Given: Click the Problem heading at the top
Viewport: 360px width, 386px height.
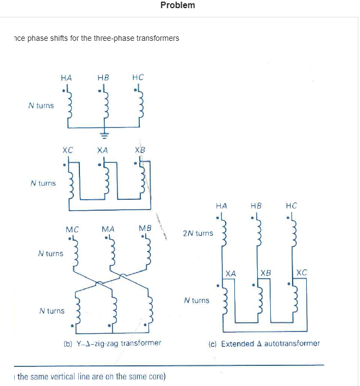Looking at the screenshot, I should coord(177,5).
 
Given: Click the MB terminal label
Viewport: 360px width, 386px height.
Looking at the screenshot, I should coord(145,228).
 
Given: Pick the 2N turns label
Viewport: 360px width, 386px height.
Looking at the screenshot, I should coord(198,233).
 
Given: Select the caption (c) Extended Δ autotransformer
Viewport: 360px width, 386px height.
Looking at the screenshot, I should coord(264,344).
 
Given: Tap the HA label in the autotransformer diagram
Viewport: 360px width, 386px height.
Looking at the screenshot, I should coord(221,206).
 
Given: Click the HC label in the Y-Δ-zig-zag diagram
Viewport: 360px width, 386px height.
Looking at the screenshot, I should coord(138,77).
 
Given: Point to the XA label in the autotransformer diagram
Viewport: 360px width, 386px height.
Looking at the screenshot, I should coord(231,273).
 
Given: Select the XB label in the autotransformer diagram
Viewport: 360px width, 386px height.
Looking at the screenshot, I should coord(265,273).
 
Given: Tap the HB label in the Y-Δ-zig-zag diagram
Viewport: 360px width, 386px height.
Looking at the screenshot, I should coord(103,77).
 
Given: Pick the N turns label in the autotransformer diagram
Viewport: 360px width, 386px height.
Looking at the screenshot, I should coord(197,300).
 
